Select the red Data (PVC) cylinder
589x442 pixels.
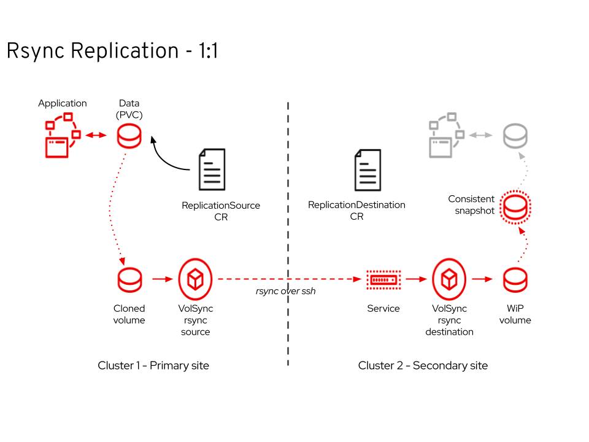(129, 136)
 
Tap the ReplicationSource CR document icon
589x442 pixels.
(212, 169)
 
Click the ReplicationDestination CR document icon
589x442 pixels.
(368, 170)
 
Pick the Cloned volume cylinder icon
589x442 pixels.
(129, 280)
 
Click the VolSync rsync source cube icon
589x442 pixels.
(195, 279)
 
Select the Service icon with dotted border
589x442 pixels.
(383, 280)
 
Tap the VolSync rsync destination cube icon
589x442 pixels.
(449, 279)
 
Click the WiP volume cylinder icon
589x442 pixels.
(515, 280)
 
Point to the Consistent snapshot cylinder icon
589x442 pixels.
(515, 207)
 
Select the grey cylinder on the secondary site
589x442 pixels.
(515, 136)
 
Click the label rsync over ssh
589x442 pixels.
(285, 291)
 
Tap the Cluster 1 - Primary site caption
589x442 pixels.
(153, 365)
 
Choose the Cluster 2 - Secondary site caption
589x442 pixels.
(423, 365)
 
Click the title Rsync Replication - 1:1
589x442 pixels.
(112, 51)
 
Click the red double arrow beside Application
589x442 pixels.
(96, 135)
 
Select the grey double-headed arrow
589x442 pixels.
(481, 135)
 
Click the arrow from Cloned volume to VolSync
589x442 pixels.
(163, 279)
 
